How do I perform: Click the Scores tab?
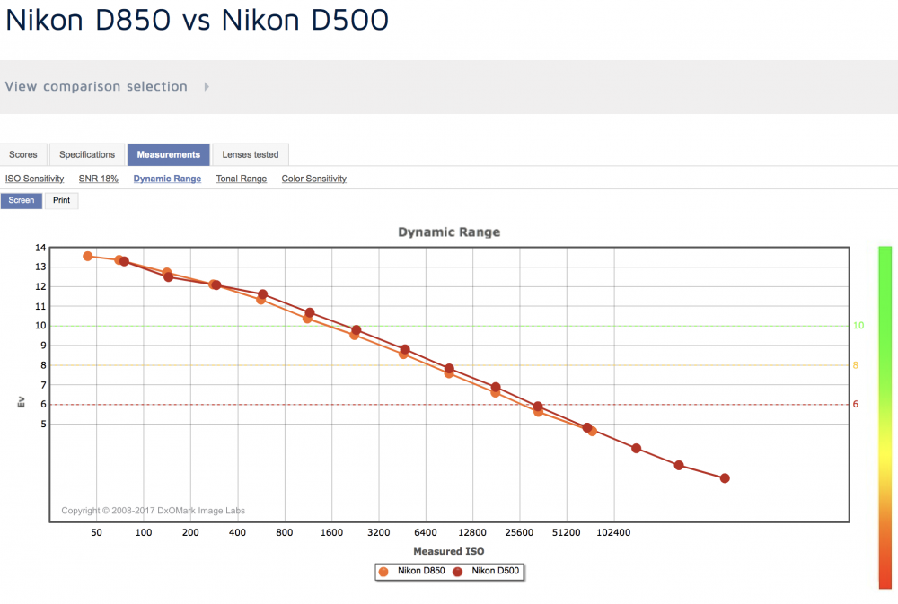point(23,154)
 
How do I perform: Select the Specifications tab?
point(87,154)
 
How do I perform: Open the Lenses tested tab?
point(251,154)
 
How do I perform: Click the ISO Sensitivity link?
point(35,179)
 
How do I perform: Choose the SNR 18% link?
point(99,179)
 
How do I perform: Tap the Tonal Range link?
point(241,179)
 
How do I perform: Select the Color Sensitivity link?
point(313,179)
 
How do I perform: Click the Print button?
point(61,200)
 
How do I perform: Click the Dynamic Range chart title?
point(449,232)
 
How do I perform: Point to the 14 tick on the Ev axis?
point(40,248)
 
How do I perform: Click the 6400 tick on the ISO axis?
point(426,532)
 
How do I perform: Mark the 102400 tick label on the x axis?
point(613,532)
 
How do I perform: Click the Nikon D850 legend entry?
point(411,571)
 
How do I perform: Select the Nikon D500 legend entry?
point(486,571)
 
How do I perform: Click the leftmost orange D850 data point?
point(88,256)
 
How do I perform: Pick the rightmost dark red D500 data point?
point(725,478)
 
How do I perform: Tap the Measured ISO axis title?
point(449,551)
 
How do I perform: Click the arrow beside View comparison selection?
point(207,86)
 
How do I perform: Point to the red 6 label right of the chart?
point(856,404)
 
